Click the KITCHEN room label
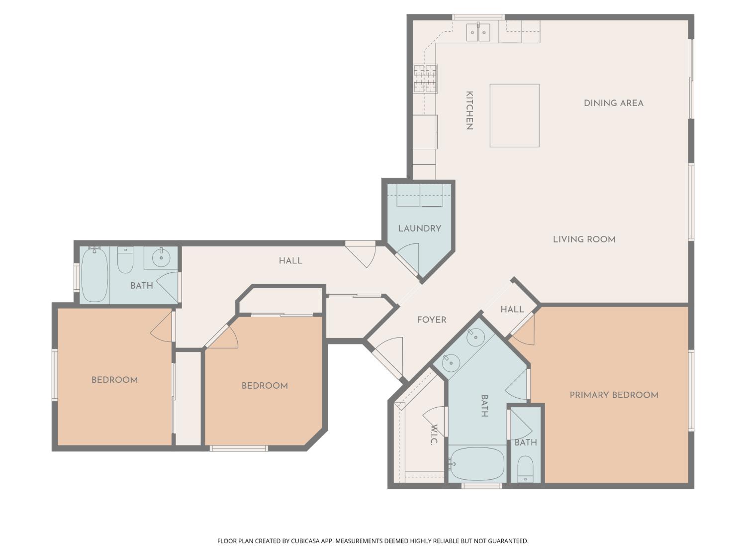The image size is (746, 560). (468, 110)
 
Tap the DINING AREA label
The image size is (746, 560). (613, 103)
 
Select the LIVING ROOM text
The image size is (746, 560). (584, 239)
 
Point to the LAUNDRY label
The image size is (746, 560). (419, 228)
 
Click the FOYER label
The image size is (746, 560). (431, 320)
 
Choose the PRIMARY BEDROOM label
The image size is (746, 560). (614, 395)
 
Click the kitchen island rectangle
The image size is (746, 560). (514, 115)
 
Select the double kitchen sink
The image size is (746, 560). (478, 32)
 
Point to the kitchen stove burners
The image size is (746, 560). (425, 79)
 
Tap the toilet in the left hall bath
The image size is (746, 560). (125, 260)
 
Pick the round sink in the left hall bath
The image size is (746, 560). (161, 258)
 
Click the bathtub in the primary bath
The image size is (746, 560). (476, 464)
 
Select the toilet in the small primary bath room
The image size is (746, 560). (525, 469)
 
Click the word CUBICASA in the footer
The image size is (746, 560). (307, 541)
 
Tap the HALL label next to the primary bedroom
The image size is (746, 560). (512, 310)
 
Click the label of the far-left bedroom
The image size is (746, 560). (114, 380)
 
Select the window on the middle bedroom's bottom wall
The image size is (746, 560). (239, 448)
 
